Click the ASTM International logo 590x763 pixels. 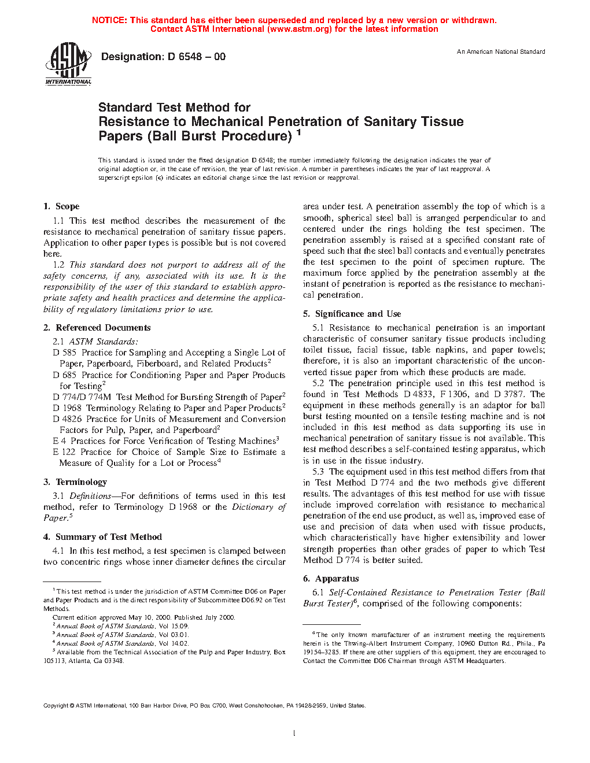click(x=68, y=63)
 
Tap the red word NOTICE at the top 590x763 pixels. click(x=109, y=20)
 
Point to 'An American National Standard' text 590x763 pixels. click(x=501, y=52)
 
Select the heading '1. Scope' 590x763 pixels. click(x=61, y=206)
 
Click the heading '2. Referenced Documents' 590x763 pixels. click(x=97, y=328)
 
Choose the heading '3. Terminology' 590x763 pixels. click(x=75, y=482)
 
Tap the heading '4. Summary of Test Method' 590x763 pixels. click(x=102, y=537)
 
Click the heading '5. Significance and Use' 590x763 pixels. click(x=352, y=314)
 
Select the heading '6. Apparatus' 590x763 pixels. click(x=331, y=579)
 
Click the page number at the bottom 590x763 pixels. click(x=294, y=734)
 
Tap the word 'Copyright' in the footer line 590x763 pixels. click(x=56, y=705)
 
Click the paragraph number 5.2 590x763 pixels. click(x=318, y=383)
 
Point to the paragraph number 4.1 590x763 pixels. click(x=58, y=551)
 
